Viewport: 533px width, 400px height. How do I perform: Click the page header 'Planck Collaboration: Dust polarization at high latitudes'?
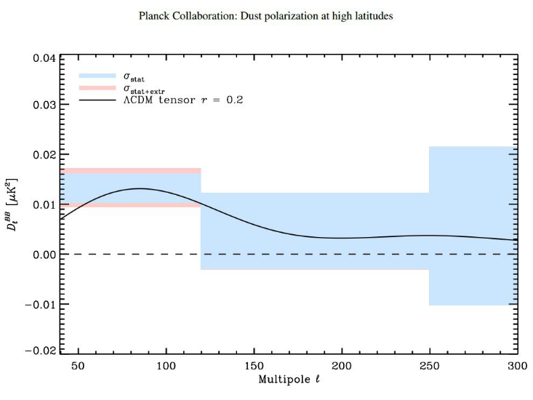click(266, 15)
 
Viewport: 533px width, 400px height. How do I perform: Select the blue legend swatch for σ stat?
click(97, 76)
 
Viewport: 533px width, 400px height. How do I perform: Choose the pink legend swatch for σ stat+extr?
click(97, 88)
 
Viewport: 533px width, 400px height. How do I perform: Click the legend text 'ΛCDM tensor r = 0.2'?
click(182, 100)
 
